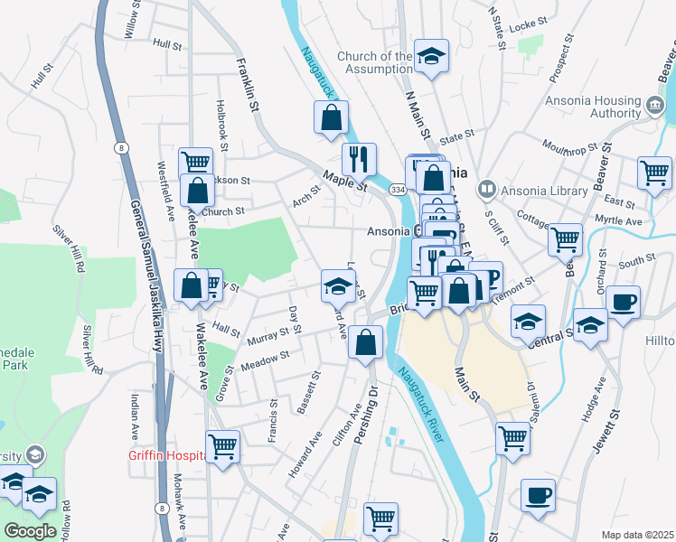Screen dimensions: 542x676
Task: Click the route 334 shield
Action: pos(398,190)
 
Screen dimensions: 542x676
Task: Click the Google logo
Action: pos(30,531)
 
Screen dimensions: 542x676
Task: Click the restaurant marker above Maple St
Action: pos(359,159)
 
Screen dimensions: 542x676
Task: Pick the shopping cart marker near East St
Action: pos(654,173)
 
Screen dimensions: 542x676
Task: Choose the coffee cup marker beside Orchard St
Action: pos(622,303)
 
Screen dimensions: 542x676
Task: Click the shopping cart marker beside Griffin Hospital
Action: pos(222,445)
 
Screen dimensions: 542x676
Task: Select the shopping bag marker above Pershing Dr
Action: pos(365,342)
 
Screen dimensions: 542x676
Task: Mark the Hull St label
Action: pos(167,42)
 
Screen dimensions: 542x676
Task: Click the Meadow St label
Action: pos(265,360)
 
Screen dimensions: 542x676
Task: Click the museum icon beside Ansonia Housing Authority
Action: pos(654,106)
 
